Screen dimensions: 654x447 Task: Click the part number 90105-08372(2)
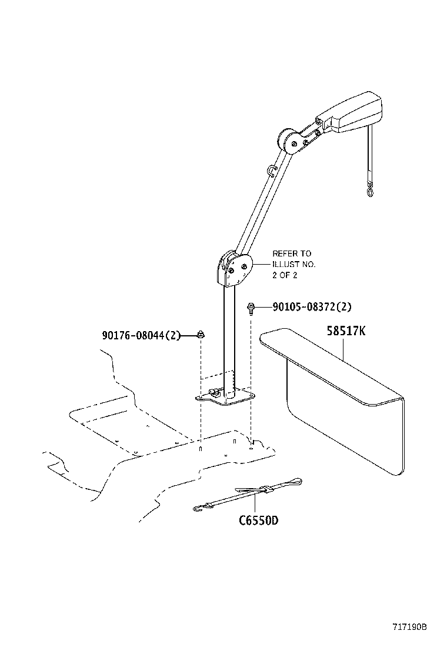point(312,306)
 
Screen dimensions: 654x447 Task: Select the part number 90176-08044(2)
point(140,335)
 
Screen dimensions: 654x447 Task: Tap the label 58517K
point(346,331)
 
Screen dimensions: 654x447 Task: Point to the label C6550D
point(258,520)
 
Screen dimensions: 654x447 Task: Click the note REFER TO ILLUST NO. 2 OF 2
point(293,264)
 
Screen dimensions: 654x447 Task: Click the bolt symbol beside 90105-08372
point(251,306)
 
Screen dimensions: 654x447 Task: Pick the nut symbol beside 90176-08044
point(201,335)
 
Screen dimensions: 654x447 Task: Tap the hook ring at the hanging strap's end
point(369,189)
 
